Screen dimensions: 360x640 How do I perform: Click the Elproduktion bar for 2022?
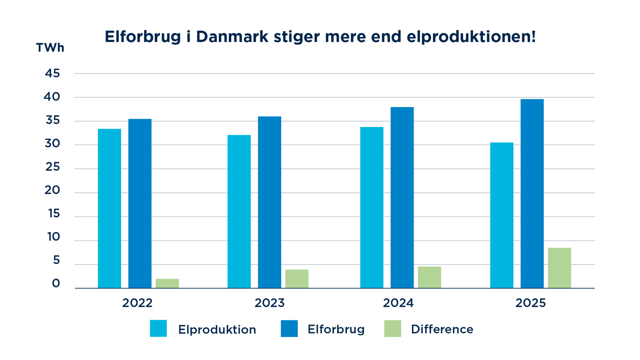[110, 209]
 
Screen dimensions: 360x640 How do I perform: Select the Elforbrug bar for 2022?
[140, 204]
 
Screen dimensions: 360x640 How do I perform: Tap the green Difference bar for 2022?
[167, 283]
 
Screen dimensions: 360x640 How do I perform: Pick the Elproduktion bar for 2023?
[239, 212]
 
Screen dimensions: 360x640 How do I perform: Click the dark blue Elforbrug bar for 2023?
[270, 202]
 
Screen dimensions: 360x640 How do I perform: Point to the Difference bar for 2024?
[429, 277]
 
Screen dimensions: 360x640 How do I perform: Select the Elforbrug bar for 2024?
[402, 198]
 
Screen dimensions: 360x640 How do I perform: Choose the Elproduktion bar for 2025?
[502, 215]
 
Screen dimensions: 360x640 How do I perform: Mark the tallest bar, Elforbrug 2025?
[532, 194]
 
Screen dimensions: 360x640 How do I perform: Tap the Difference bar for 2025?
[559, 268]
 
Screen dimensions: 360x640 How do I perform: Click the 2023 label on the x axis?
[270, 303]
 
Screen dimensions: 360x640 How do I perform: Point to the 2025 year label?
[530, 303]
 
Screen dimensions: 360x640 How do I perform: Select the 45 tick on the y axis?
[53, 73]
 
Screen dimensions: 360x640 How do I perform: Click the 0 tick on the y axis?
[56, 284]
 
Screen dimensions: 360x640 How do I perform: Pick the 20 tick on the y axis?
[53, 190]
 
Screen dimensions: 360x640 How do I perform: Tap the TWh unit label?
[50, 48]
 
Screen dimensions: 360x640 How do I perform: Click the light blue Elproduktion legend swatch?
[158, 328]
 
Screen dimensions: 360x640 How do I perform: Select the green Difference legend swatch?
[392, 328]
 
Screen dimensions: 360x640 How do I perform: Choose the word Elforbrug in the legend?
[336, 329]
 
